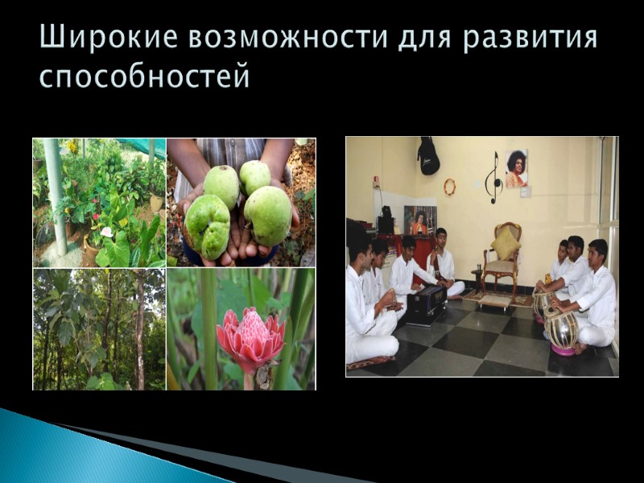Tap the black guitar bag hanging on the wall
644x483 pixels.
[428, 156]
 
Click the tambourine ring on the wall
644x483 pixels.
[449, 187]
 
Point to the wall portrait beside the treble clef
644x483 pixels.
[516, 168]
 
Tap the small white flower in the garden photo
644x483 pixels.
[105, 233]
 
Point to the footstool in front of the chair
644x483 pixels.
[496, 300]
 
